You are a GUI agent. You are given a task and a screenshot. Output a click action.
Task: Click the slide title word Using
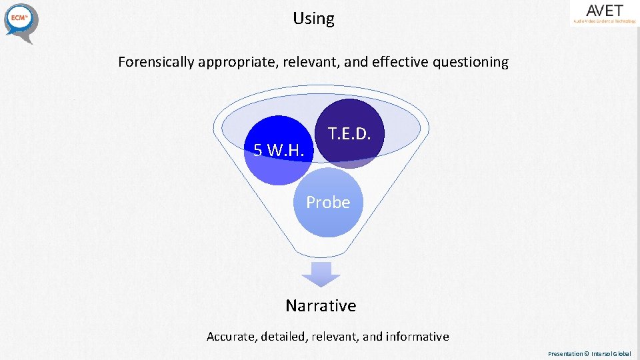(x=313, y=19)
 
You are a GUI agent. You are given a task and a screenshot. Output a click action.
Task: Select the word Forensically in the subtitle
(x=157, y=62)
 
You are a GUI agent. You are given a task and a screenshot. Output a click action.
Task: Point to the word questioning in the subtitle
(x=470, y=62)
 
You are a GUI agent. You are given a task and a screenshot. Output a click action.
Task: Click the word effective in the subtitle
(x=396, y=62)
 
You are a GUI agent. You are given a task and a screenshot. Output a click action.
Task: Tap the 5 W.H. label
(x=278, y=151)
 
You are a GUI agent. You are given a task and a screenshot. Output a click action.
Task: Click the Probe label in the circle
(x=328, y=202)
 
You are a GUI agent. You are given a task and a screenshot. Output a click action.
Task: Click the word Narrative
(x=321, y=305)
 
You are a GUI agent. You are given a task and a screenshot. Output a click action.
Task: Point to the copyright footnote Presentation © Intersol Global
(x=589, y=354)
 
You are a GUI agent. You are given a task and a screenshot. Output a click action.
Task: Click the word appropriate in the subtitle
(x=237, y=62)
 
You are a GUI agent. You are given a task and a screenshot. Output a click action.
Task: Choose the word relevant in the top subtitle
(x=310, y=62)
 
